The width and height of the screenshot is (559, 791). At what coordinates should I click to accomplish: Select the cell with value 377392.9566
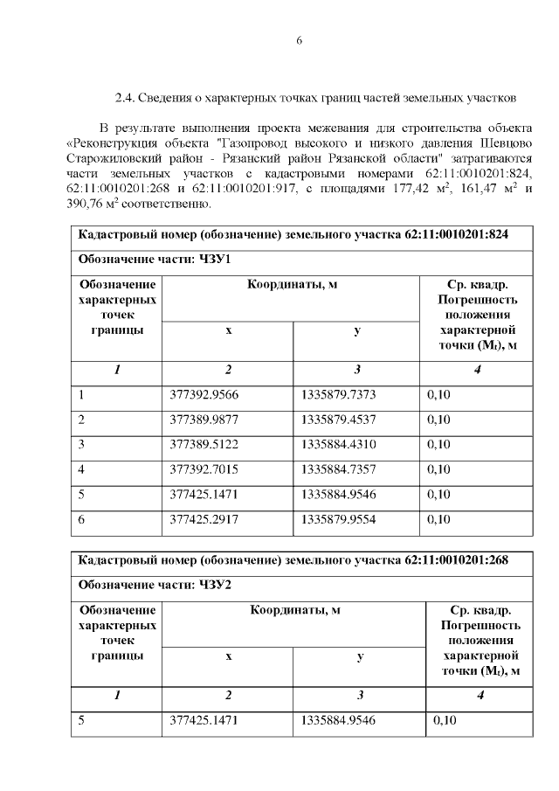click(204, 395)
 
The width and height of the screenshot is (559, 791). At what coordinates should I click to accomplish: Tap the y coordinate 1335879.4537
click(338, 420)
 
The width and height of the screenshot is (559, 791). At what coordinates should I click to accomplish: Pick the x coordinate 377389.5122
click(204, 445)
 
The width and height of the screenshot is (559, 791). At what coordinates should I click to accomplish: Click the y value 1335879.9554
click(338, 520)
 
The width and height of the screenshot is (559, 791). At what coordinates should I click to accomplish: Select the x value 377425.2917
click(204, 520)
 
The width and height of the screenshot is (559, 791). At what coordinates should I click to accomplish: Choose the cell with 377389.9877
click(204, 420)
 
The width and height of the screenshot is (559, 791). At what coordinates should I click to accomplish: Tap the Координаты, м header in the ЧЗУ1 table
click(292, 285)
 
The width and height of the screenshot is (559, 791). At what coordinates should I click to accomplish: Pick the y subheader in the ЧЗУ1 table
click(356, 331)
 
